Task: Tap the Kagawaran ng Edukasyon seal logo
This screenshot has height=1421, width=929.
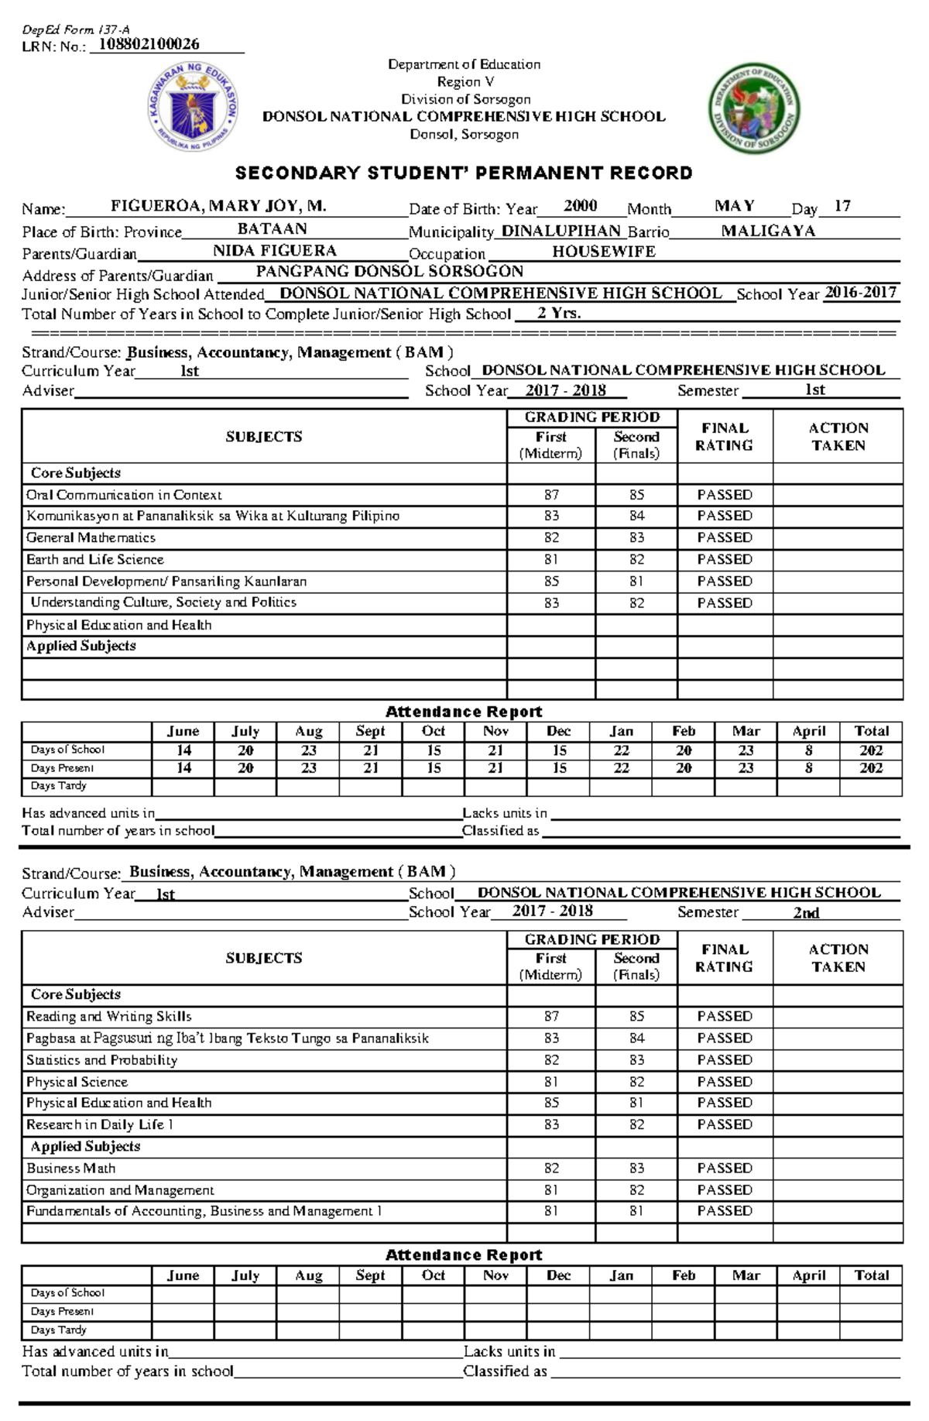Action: pos(193,106)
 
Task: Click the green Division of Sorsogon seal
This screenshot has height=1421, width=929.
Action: pos(754,108)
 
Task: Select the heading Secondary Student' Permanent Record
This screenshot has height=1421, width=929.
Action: pos(464,173)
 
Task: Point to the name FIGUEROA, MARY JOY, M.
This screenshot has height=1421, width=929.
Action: pos(218,206)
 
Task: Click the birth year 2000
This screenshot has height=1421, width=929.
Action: pos(580,206)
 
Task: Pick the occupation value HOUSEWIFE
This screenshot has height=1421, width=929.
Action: pos(604,252)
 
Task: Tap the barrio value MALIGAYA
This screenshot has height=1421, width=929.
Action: pos(768,231)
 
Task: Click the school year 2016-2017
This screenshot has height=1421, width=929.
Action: pos(860,293)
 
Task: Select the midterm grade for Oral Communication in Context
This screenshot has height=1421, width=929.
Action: pos(551,495)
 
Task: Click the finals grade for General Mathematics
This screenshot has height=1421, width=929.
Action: pos(636,537)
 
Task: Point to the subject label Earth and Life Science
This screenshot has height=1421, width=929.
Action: pos(95,559)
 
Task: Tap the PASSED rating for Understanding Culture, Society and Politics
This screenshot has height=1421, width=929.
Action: pos(725,602)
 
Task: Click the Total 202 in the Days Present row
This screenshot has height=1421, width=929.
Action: pos(871,768)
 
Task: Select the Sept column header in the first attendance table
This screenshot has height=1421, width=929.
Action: pos(370,731)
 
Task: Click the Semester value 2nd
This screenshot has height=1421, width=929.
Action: pos(806,913)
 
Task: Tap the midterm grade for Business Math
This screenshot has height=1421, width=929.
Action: pos(551,1168)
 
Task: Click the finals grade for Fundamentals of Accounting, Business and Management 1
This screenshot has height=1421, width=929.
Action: pos(636,1211)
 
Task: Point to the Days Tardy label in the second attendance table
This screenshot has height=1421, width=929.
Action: pos(59,1330)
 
